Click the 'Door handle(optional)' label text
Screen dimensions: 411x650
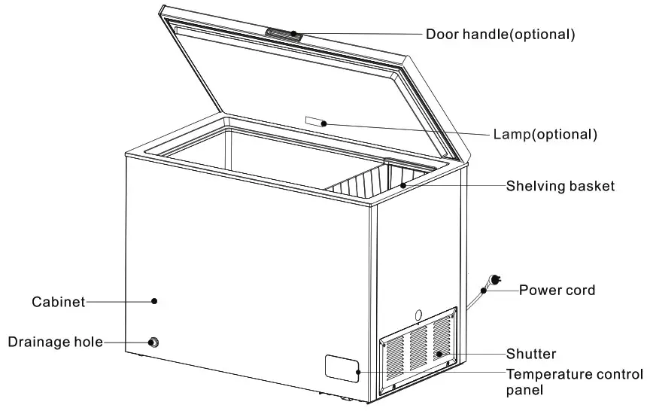500,34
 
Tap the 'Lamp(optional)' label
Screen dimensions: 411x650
545,135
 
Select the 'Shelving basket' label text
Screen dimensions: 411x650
560,185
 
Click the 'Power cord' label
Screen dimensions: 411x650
557,290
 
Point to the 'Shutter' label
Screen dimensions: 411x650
531,354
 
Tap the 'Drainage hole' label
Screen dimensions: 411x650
55,342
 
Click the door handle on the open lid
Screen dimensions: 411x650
283,33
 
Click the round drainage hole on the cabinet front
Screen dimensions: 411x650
153,342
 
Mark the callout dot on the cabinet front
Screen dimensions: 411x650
154,300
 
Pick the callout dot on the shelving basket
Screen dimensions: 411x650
403,184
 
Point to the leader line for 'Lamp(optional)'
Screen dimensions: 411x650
406,129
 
